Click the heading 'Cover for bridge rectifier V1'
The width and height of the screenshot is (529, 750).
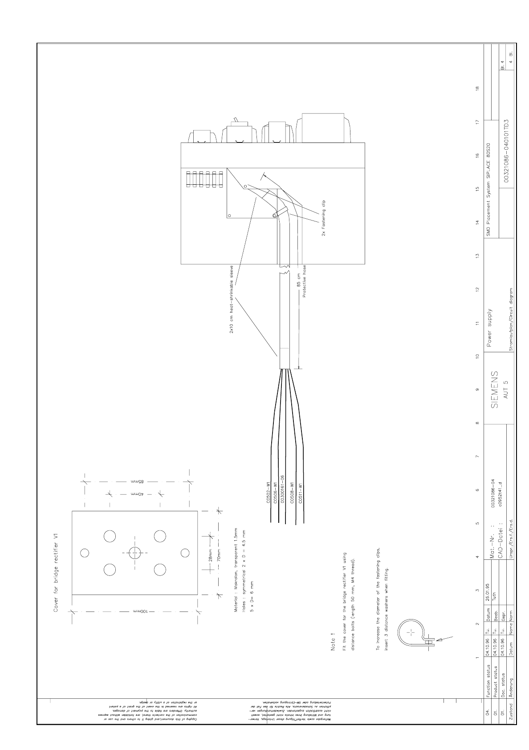(56, 572)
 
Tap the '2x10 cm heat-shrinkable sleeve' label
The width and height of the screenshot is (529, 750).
(232, 301)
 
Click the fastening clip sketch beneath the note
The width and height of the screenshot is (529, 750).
(413, 634)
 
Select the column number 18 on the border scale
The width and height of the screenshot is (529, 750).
(477, 88)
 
